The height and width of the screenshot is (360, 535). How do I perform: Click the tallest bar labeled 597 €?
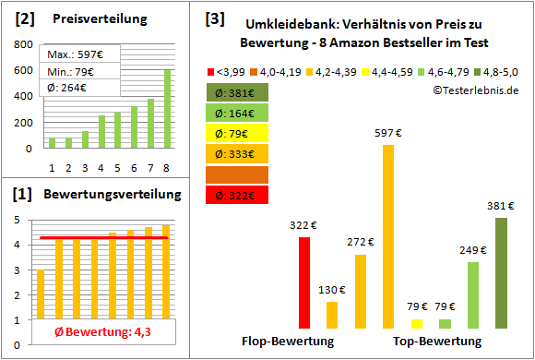click(x=388, y=236)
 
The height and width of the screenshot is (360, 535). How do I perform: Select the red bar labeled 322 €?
click(x=303, y=282)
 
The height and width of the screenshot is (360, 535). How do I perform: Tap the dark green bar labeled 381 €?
click(x=501, y=272)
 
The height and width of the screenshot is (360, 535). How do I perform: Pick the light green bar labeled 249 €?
click(x=473, y=294)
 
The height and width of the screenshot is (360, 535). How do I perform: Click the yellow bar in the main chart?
click(x=417, y=323)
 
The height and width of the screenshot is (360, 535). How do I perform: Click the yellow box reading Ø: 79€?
click(x=238, y=132)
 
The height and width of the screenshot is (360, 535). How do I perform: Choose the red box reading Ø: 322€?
click(x=238, y=195)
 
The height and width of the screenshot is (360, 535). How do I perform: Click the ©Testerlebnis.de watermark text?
click(x=475, y=90)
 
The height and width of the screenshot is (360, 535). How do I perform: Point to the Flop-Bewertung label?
click(x=288, y=342)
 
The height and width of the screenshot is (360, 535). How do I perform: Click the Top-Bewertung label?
click(x=437, y=342)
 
